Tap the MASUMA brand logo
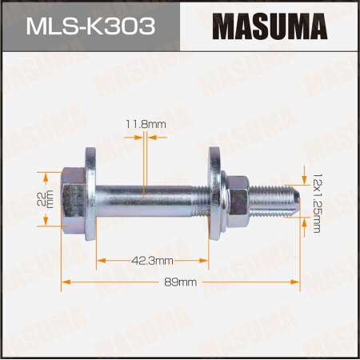pos(270,26)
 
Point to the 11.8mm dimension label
pos(145,124)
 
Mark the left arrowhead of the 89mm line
pos(66,282)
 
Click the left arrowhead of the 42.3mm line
pos(99,260)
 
